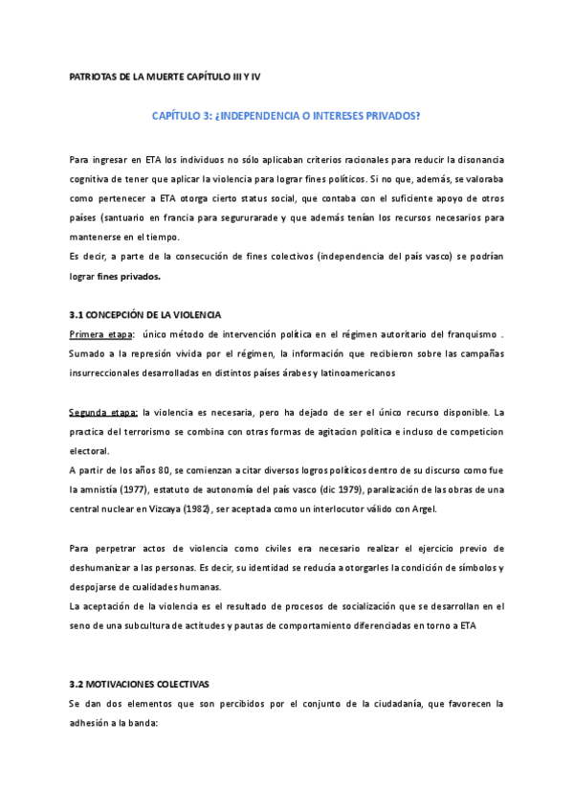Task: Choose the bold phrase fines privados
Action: tap(130, 278)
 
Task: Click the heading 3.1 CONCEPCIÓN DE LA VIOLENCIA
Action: tap(145, 315)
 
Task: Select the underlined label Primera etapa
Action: tap(101, 333)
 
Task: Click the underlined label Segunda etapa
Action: tap(103, 413)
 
